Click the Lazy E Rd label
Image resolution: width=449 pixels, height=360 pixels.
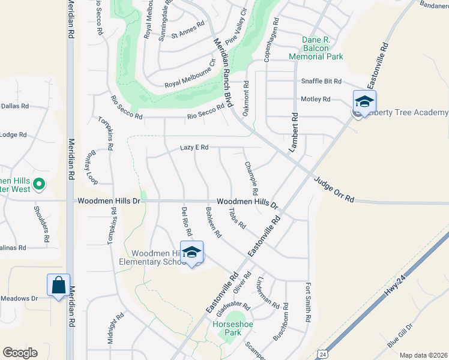pyautogui.click(x=194, y=147)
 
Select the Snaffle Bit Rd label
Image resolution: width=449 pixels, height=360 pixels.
pyautogui.click(x=321, y=81)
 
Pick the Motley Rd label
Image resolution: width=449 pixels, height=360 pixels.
pyautogui.click(x=319, y=99)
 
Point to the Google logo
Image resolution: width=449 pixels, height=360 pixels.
pyautogui.click(x=20, y=352)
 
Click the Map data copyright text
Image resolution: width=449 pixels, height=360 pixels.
pyautogui.click(x=423, y=355)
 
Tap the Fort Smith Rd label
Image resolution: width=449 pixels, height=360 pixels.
pyautogui.click(x=309, y=301)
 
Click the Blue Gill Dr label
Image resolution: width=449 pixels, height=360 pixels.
pyautogui.click(x=400, y=334)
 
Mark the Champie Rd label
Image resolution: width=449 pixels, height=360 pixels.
pyautogui.click(x=251, y=178)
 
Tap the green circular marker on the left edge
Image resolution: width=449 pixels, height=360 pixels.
pyautogui.click(x=39, y=184)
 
